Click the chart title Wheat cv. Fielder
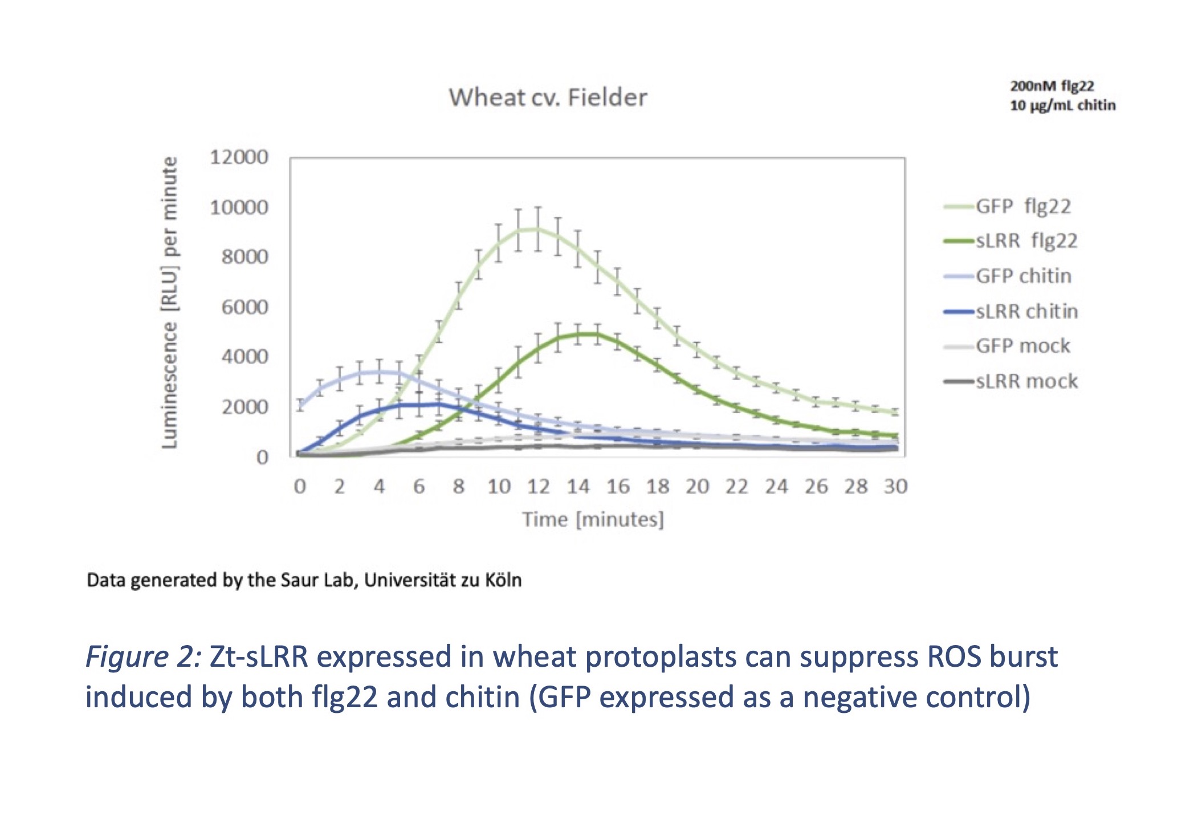(548, 97)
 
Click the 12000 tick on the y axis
(239, 157)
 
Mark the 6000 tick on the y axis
(244, 308)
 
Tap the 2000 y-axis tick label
(244, 407)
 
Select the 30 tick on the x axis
(895, 487)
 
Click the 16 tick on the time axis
(618, 487)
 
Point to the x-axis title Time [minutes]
(593, 520)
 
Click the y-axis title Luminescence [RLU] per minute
(169, 302)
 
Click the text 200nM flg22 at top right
(1052, 86)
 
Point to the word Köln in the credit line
(503, 580)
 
